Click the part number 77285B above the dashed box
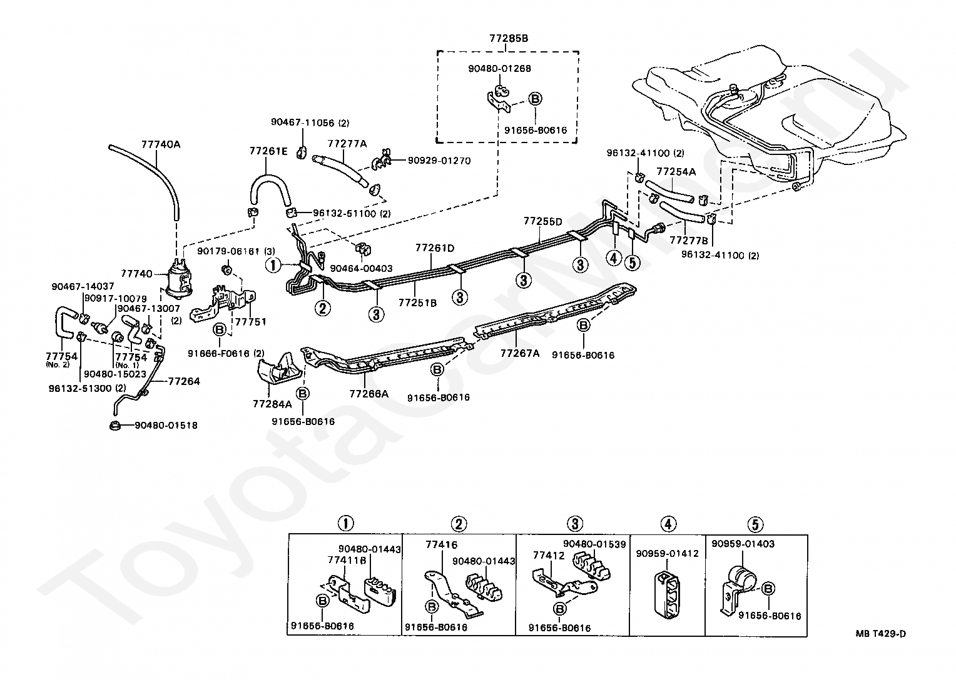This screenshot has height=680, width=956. pyautogui.click(x=509, y=38)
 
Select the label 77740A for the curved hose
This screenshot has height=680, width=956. pyautogui.click(x=161, y=144)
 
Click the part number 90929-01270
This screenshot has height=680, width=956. pyautogui.click(x=439, y=161)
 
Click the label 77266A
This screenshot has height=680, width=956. pyautogui.click(x=369, y=394)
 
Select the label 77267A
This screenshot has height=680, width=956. pyautogui.click(x=520, y=353)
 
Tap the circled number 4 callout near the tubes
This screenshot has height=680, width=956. pyautogui.click(x=614, y=257)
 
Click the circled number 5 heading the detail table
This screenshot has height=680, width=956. pyautogui.click(x=755, y=524)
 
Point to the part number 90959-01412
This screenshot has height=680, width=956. pyautogui.click(x=668, y=553)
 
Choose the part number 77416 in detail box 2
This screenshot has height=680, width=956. pyautogui.click(x=441, y=544)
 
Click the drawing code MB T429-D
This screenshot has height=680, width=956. pyautogui.click(x=880, y=634)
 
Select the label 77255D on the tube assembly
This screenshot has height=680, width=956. pyautogui.click(x=543, y=221)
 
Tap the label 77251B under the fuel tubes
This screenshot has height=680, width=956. pyautogui.click(x=417, y=302)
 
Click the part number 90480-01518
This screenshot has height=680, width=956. pyautogui.click(x=166, y=425)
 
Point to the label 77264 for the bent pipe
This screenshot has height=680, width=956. pyautogui.click(x=184, y=381)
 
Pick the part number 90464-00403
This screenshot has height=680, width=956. pyautogui.click(x=361, y=268)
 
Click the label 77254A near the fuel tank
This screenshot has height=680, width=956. pyautogui.click(x=676, y=171)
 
